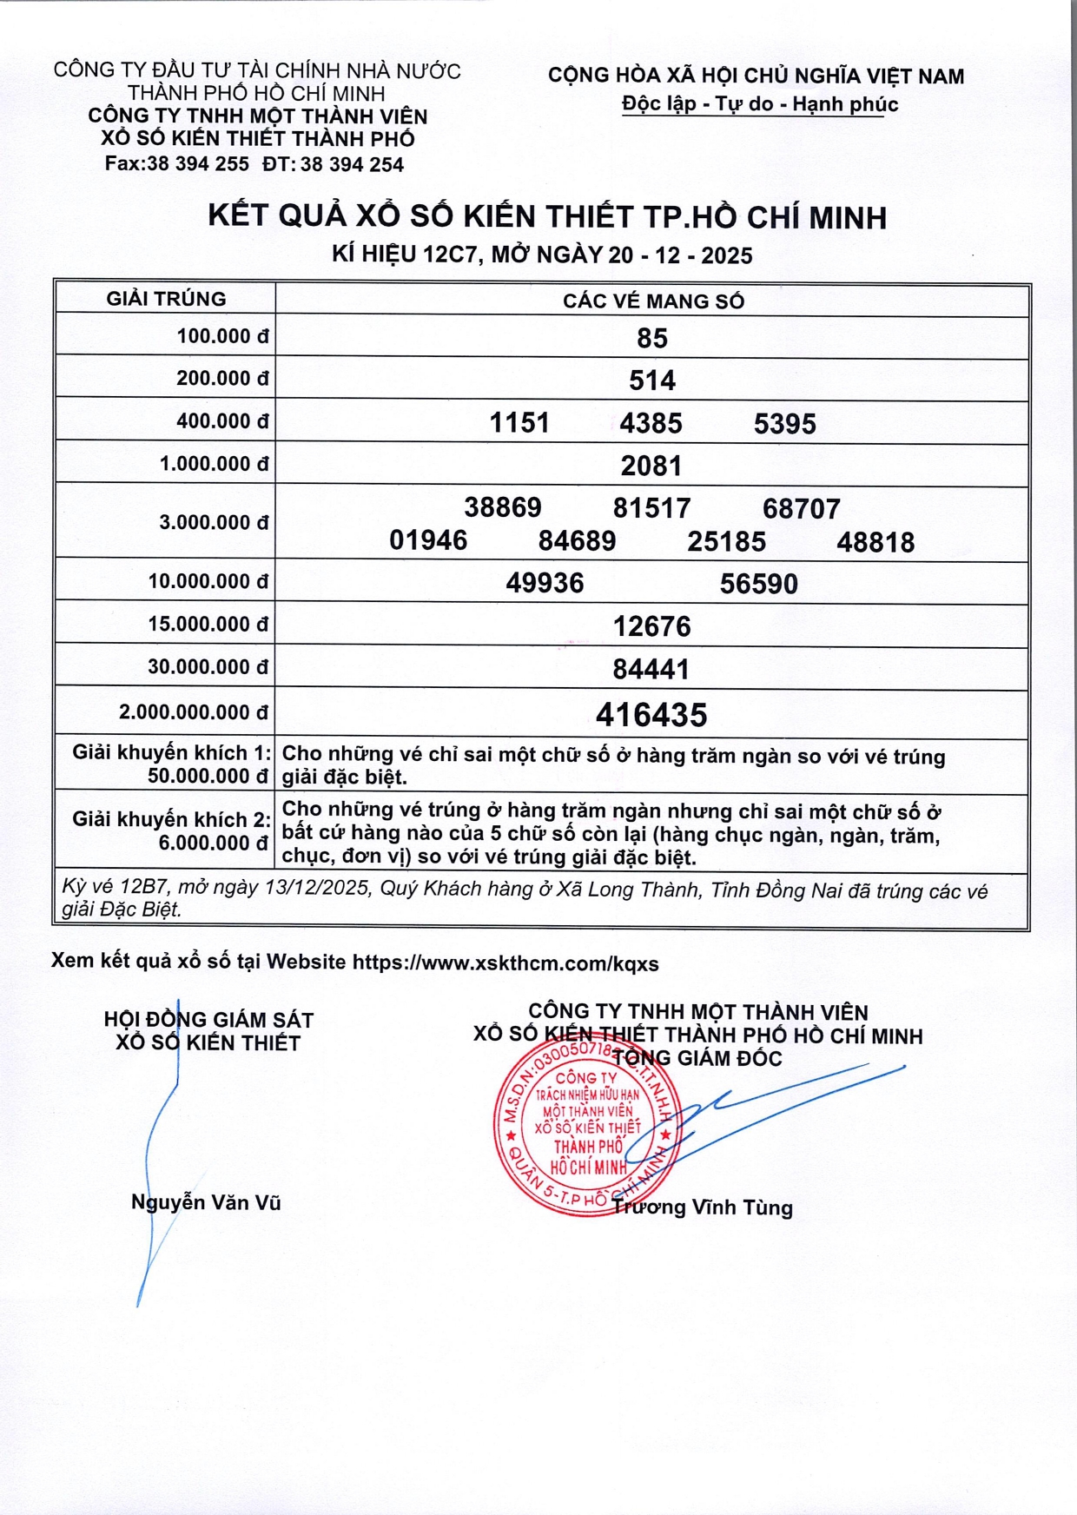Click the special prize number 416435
(x=651, y=715)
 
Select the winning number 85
(x=652, y=338)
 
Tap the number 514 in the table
(x=652, y=380)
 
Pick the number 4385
(x=651, y=423)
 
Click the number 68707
(x=801, y=508)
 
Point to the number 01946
(x=428, y=541)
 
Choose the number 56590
(x=758, y=584)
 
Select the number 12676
(x=652, y=626)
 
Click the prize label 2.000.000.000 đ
(x=194, y=712)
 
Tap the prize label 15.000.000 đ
(x=208, y=625)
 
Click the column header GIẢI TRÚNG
(x=166, y=299)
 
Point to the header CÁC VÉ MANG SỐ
(x=653, y=301)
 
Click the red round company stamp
(x=584, y=1127)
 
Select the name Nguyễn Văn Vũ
(x=206, y=1202)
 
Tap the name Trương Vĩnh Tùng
(x=703, y=1207)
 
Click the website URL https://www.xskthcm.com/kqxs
(x=505, y=963)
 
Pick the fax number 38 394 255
(x=198, y=163)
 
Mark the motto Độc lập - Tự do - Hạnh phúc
(x=760, y=104)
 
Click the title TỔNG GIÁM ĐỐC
(x=697, y=1058)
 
